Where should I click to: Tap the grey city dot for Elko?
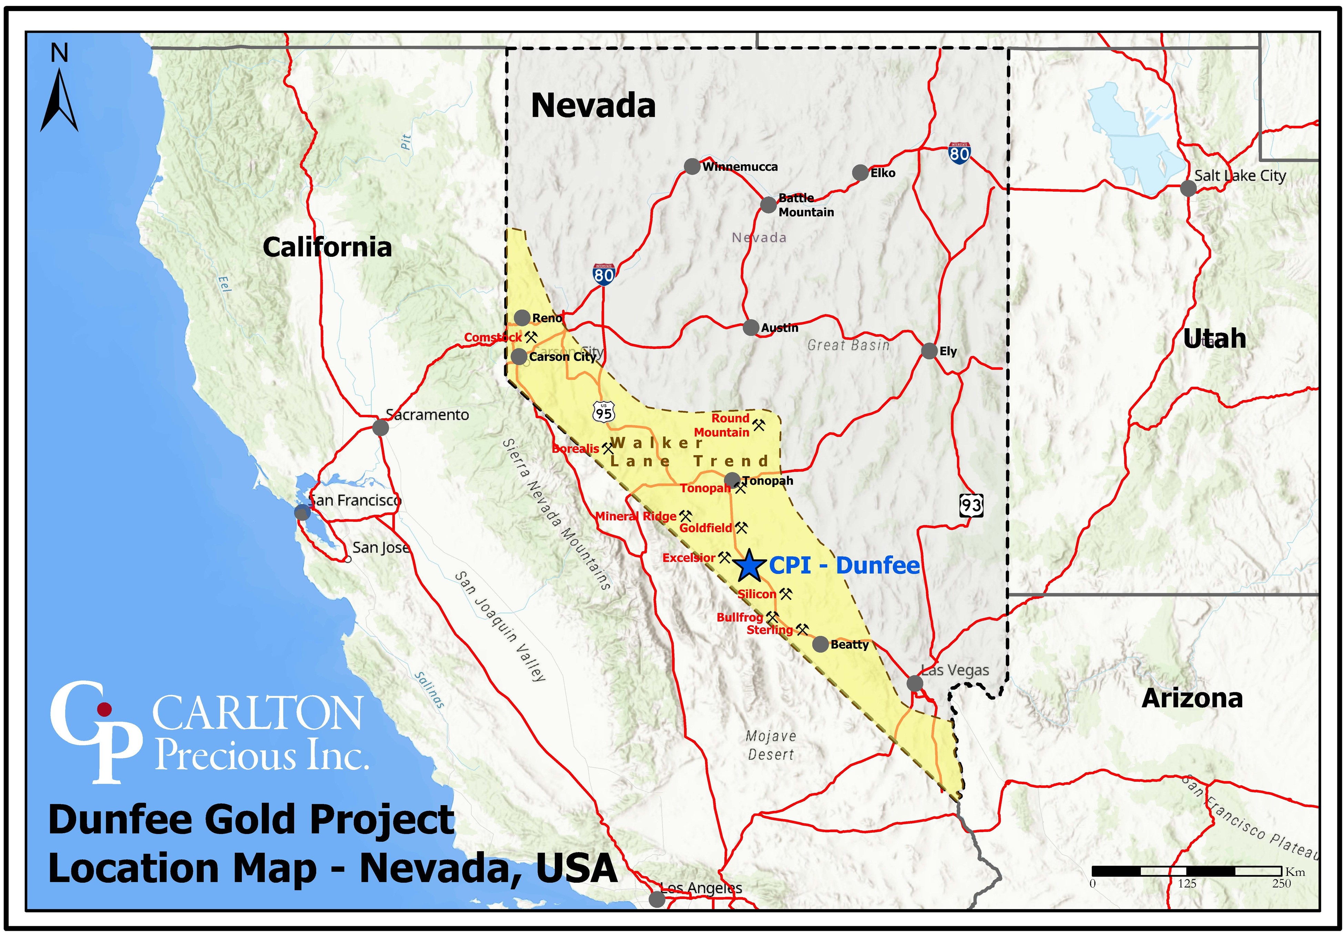point(860,173)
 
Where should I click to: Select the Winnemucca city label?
point(740,167)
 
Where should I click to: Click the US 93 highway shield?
point(971,505)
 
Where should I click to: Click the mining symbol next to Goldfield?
point(741,527)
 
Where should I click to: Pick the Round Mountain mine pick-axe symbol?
point(758,424)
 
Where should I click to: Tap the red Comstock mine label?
point(492,337)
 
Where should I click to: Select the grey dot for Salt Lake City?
point(1188,189)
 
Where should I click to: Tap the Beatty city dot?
point(821,644)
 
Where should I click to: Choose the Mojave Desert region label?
point(771,745)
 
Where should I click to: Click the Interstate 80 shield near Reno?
point(603,273)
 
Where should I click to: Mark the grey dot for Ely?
point(929,351)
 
